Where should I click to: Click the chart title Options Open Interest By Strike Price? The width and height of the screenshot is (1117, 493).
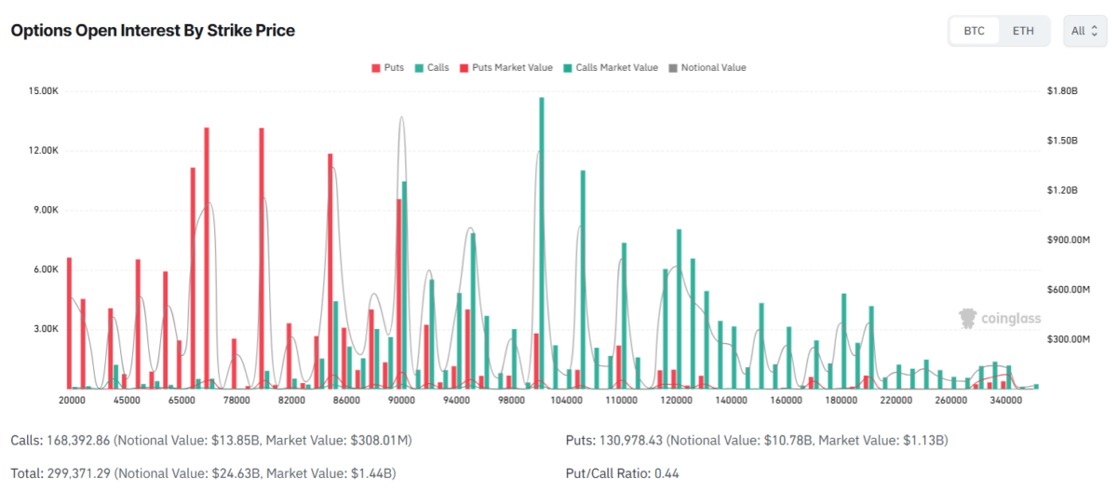[x=153, y=31]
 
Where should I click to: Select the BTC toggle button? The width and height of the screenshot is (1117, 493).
[x=974, y=31]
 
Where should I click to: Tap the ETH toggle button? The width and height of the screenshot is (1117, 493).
[x=1023, y=31]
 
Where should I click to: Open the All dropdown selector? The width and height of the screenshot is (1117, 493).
[x=1084, y=31]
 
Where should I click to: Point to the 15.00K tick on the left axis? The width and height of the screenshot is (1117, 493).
[x=45, y=91]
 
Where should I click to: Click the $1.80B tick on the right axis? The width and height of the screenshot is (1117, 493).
[x=1061, y=91]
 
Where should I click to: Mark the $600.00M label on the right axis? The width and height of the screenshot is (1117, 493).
[x=1069, y=290]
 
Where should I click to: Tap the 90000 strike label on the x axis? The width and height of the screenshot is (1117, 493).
[x=402, y=400]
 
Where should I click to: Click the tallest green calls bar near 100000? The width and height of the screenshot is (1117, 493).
[x=542, y=242]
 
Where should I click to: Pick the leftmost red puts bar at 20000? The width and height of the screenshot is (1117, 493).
[x=69, y=322]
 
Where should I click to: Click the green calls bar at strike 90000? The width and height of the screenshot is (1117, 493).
[x=404, y=284]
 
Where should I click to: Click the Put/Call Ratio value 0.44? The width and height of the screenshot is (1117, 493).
[x=666, y=473]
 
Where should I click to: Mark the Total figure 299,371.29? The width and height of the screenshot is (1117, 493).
[x=78, y=473]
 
